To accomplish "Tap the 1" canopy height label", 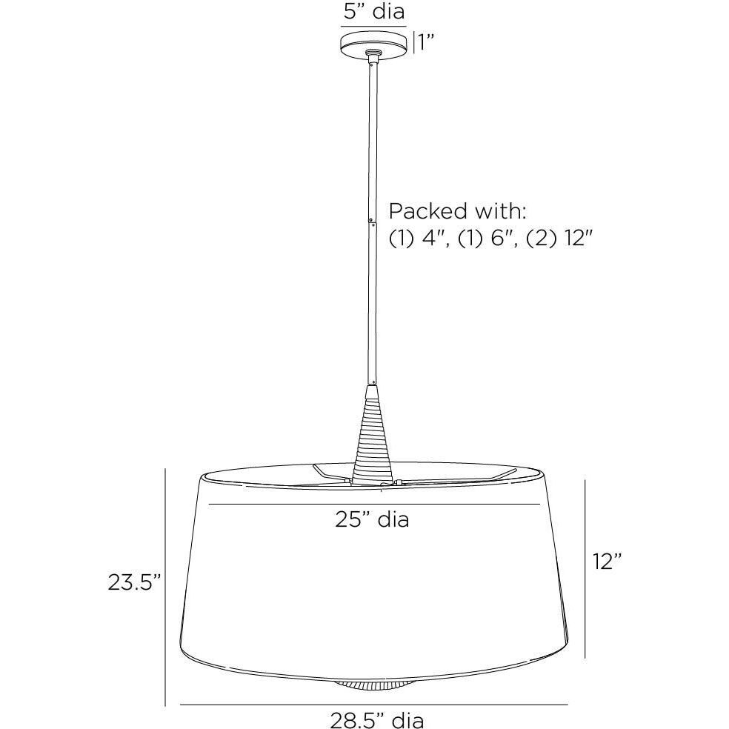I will (x=424, y=42).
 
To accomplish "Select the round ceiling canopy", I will (x=374, y=43).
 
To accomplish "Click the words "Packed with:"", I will (x=458, y=211).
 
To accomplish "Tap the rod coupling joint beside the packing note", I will (x=372, y=218).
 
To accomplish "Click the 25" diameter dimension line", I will (x=374, y=505).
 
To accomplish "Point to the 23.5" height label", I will (x=134, y=582).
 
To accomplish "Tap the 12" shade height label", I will (x=607, y=562).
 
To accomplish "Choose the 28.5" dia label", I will (x=377, y=718).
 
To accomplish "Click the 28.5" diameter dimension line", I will (x=374, y=704).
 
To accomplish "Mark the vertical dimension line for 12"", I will (x=585, y=568).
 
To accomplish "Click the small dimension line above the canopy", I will (x=374, y=26).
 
